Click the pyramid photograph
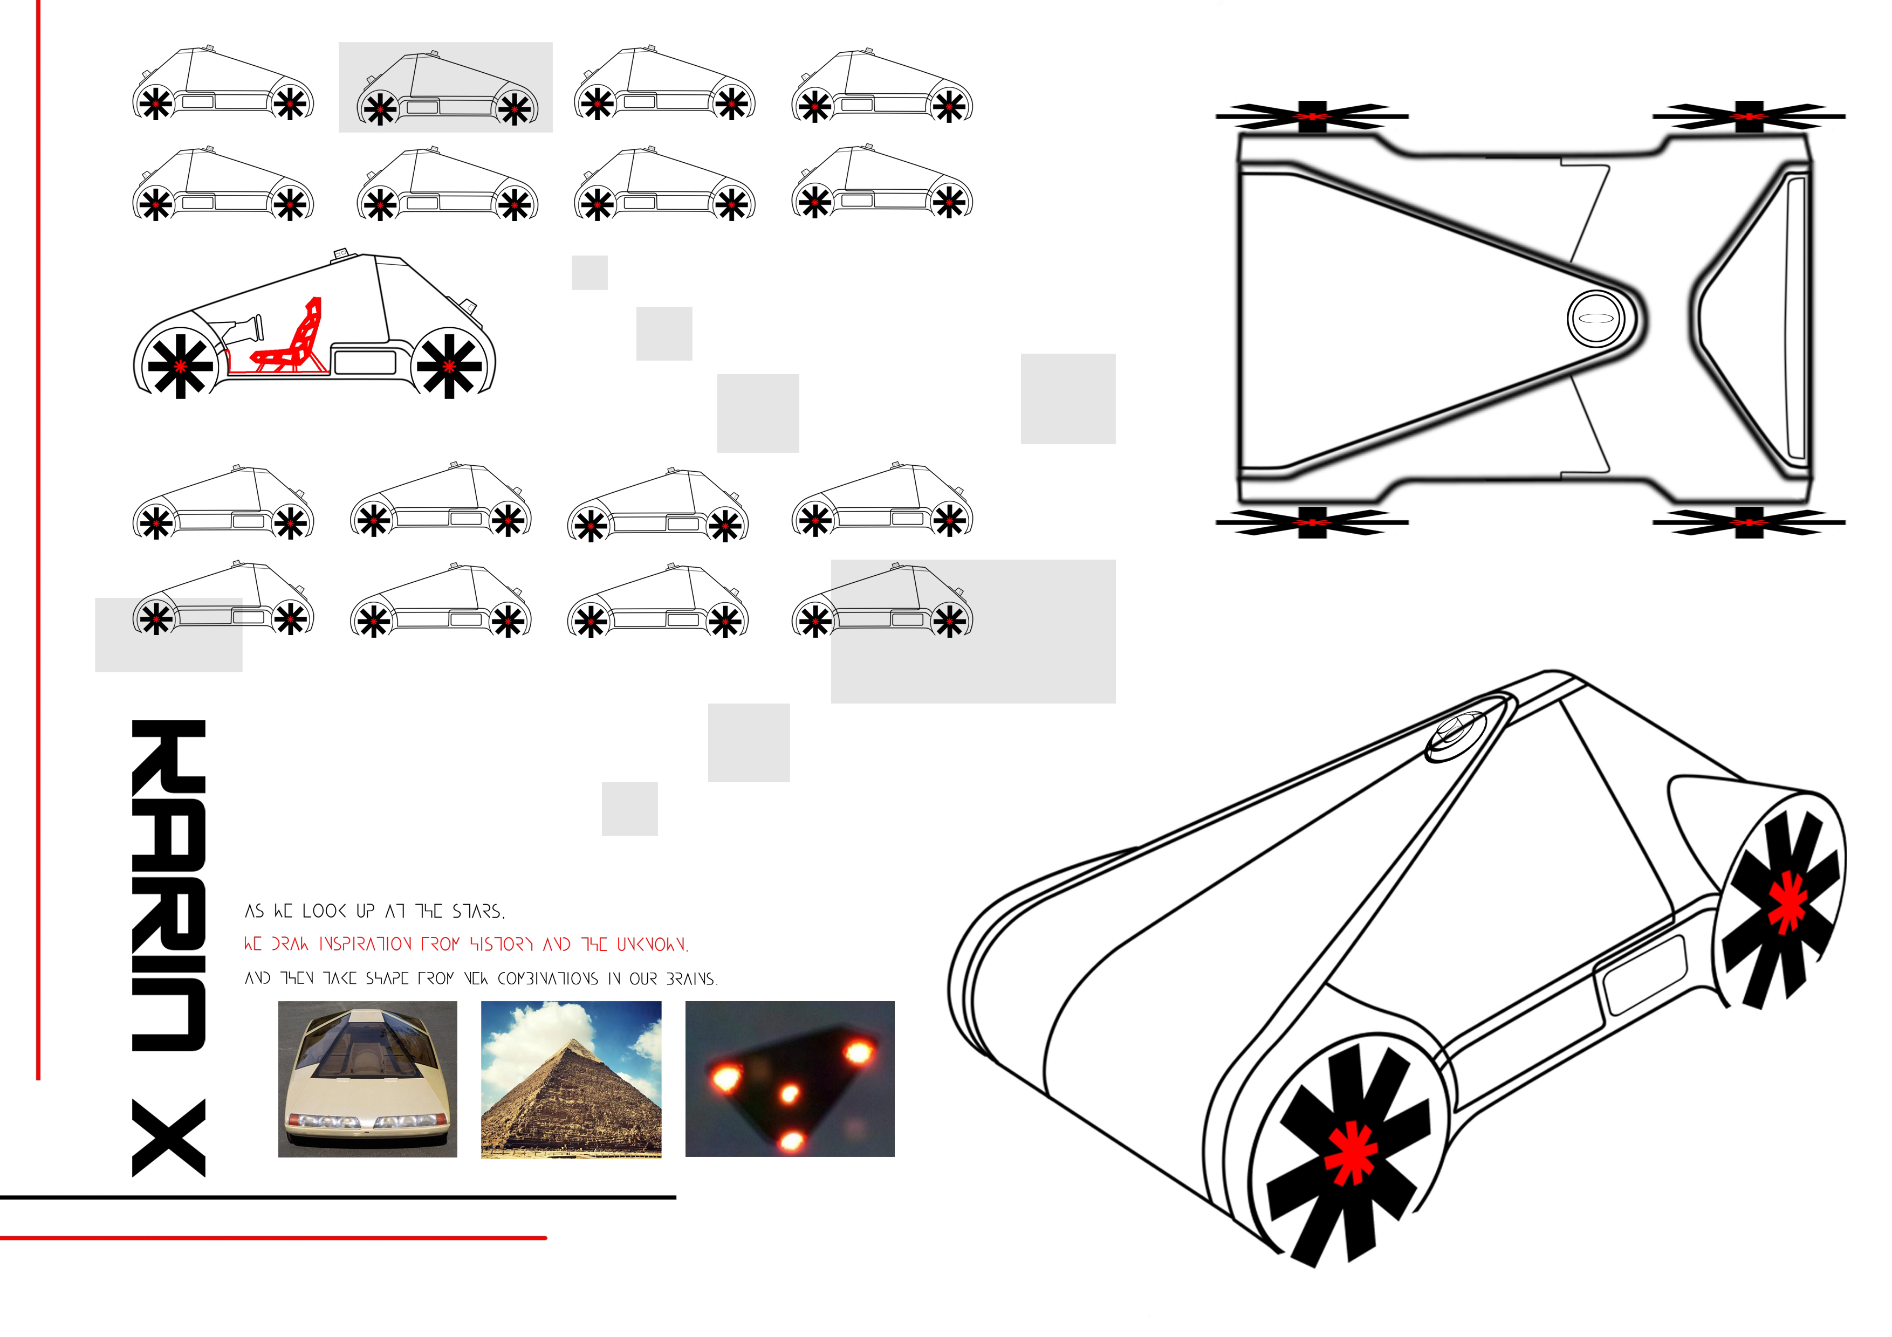pyautogui.click(x=571, y=1079)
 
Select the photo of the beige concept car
pyautogui.click(x=367, y=1079)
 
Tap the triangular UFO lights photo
pyautogui.click(x=790, y=1079)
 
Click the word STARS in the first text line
pyautogui.click(x=478, y=911)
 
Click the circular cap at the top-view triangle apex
pyautogui.click(x=1596, y=318)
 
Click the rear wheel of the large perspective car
pyautogui.click(x=1785, y=906)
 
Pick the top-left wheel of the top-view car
pyautogui.click(x=1312, y=116)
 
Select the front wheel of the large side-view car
pyautogui.click(x=180, y=365)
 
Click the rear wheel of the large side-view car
pyautogui.click(x=449, y=365)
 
